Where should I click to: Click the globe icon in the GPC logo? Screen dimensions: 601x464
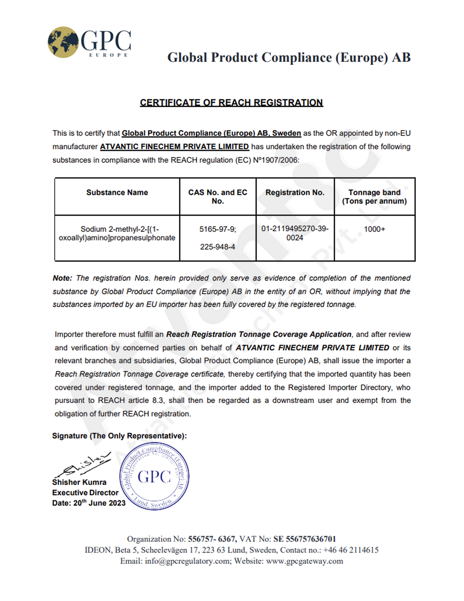point(63,42)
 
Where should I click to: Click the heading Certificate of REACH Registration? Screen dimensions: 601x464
point(231,103)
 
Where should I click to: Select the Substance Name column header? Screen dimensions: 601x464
point(117,192)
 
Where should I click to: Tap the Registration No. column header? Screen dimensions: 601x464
point(295,192)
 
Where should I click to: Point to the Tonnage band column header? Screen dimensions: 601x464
point(374,196)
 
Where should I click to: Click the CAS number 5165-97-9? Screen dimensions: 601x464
point(217,229)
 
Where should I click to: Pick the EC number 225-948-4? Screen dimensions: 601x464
point(217,247)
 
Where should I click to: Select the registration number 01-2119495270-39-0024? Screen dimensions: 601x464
point(295,233)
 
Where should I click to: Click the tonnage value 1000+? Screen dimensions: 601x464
point(374,229)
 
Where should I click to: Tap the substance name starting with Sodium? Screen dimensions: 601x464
point(117,233)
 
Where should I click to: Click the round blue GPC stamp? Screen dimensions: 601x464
point(154,476)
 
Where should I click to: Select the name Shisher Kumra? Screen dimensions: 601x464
point(79,482)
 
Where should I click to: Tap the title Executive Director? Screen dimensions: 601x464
point(85,493)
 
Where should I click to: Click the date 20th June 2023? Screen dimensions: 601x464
point(99,503)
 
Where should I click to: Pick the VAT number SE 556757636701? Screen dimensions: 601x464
point(304,539)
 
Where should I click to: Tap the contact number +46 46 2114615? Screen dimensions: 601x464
point(351,550)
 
